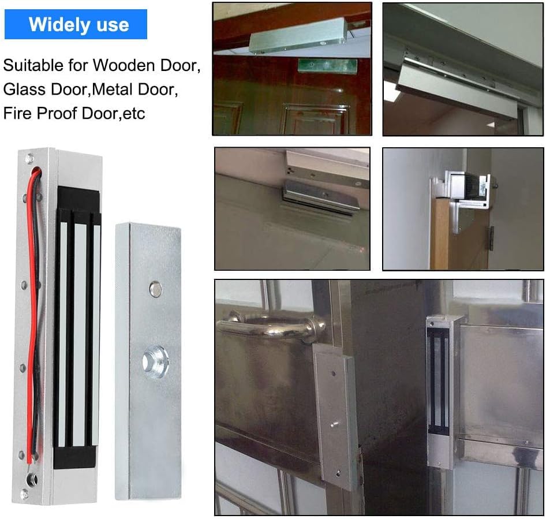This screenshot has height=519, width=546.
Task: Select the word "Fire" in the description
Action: coord(17,113)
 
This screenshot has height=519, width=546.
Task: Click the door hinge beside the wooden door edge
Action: coord(491,238)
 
